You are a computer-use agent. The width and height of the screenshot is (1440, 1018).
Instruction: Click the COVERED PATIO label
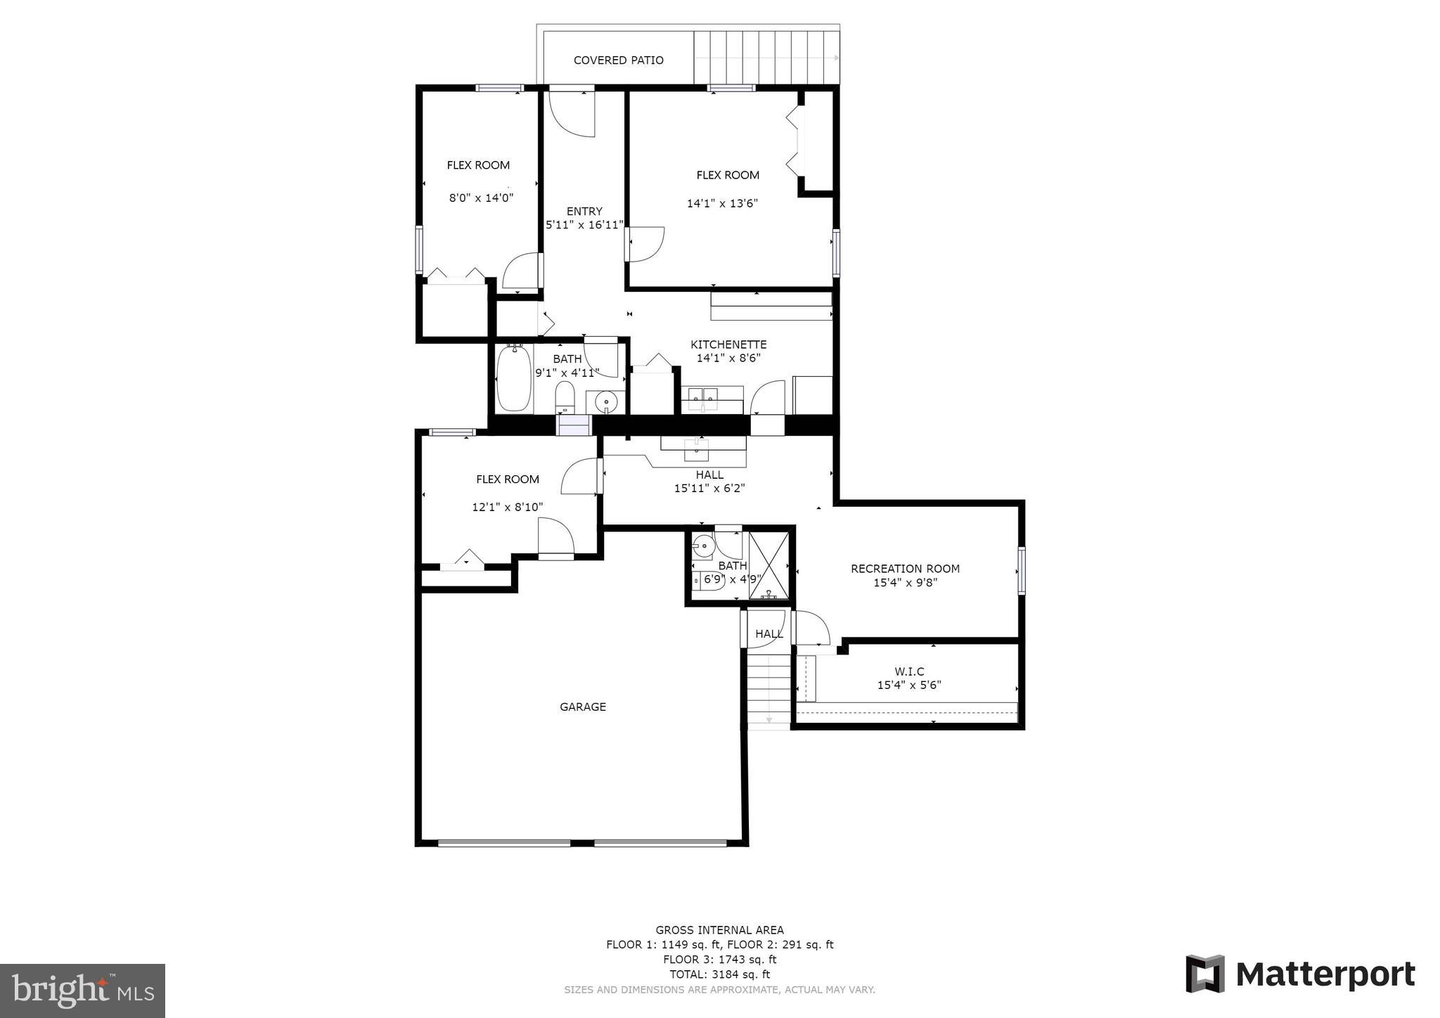pyautogui.click(x=618, y=60)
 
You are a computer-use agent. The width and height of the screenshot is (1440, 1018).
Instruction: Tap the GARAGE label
pyautogui.click(x=582, y=707)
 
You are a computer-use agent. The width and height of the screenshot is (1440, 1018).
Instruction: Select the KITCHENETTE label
pyautogui.click(x=728, y=344)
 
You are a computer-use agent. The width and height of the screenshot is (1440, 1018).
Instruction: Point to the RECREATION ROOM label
pyautogui.click(x=905, y=568)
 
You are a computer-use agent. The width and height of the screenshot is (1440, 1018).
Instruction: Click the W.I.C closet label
pyautogui.click(x=909, y=671)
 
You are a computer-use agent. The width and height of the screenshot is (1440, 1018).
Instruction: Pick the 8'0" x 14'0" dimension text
pyautogui.click(x=481, y=198)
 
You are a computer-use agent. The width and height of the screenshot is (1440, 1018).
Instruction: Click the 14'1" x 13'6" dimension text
pyautogui.click(x=722, y=204)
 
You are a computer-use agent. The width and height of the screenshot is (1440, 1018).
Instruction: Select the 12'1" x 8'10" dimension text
pyautogui.click(x=507, y=507)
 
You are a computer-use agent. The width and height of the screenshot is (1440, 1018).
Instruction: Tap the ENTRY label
pyautogui.click(x=584, y=211)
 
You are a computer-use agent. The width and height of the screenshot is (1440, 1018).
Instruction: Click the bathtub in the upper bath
pyautogui.click(x=514, y=379)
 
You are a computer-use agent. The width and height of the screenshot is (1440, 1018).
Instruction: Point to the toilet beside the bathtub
pyautogui.click(x=565, y=399)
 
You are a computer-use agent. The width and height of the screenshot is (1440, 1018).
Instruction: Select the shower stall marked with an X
pyautogui.click(x=769, y=566)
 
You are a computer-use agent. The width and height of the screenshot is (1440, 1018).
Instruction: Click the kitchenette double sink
pyautogui.click(x=711, y=398)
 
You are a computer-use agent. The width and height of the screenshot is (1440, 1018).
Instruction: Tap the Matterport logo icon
pyautogui.click(x=1204, y=974)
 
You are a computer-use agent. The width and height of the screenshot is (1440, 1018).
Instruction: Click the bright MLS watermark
pyautogui.click(x=82, y=991)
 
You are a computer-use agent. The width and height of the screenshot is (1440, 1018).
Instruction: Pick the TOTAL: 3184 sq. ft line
pyautogui.click(x=719, y=974)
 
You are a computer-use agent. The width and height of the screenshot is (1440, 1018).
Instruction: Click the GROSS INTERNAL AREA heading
pyautogui.click(x=719, y=930)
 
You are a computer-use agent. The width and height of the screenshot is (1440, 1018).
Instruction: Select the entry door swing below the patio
pyautogui.click(x=573, y=112)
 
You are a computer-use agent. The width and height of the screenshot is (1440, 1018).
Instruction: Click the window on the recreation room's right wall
pyautogui.click(x=1021, y=570)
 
